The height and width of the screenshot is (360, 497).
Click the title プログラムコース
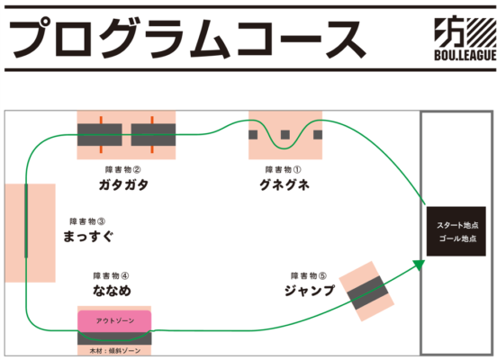point(187,39)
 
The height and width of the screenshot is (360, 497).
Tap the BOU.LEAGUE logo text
point(465,55)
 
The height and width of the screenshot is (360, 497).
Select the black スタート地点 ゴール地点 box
point(456,231)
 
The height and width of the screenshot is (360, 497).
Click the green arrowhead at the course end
point(419,265)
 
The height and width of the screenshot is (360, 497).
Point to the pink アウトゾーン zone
point(114,321)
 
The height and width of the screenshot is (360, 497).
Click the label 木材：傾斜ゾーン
point(114,351)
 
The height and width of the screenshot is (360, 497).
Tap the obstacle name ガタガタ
point(123,184)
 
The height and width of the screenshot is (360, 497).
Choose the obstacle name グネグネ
point(285,184)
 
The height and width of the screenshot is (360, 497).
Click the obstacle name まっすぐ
point(88,237)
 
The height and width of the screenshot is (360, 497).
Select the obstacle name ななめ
point(112,291)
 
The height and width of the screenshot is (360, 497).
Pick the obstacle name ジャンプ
point(310,291)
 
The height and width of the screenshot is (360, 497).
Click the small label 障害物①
point(284,170)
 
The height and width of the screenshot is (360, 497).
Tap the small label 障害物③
point(88,221)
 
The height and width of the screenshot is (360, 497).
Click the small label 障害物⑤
point(309,275)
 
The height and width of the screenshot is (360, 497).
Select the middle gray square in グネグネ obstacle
point(285,135)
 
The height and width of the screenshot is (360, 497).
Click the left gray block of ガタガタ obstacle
point(100,135)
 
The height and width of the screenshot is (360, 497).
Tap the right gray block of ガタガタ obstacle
point(153,135)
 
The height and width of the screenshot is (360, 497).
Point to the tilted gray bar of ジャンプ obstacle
point(367,292)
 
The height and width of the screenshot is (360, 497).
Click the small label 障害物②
point(123,170)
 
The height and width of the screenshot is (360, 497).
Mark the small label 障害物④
point(112,275)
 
